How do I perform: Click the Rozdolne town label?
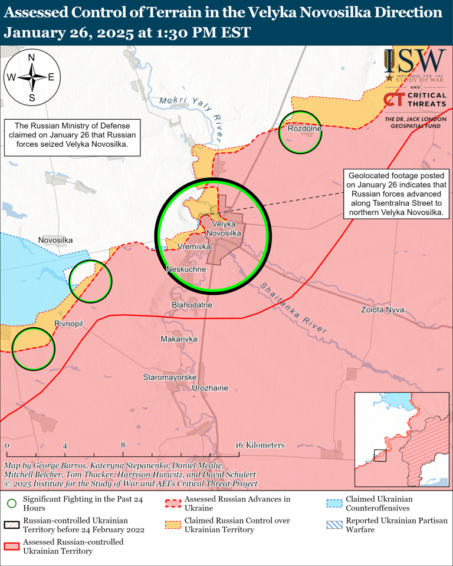tap(304, 129)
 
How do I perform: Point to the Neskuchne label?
tap(186, 269)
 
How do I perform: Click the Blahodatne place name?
tap(192, 305)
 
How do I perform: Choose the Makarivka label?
tap(179, 340)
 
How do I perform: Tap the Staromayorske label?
tap(169, 376)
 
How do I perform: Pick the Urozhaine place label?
tap(210, 389)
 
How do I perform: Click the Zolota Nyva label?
tap(383, 310)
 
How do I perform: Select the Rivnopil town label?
tap(68, 324)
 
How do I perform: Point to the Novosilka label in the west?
tap(55, 240)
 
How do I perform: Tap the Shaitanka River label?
tap(293, 309)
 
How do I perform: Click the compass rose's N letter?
tap(32, 58)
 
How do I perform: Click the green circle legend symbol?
tap(11, 503)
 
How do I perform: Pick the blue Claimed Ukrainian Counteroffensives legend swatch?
tap(334, 503)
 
